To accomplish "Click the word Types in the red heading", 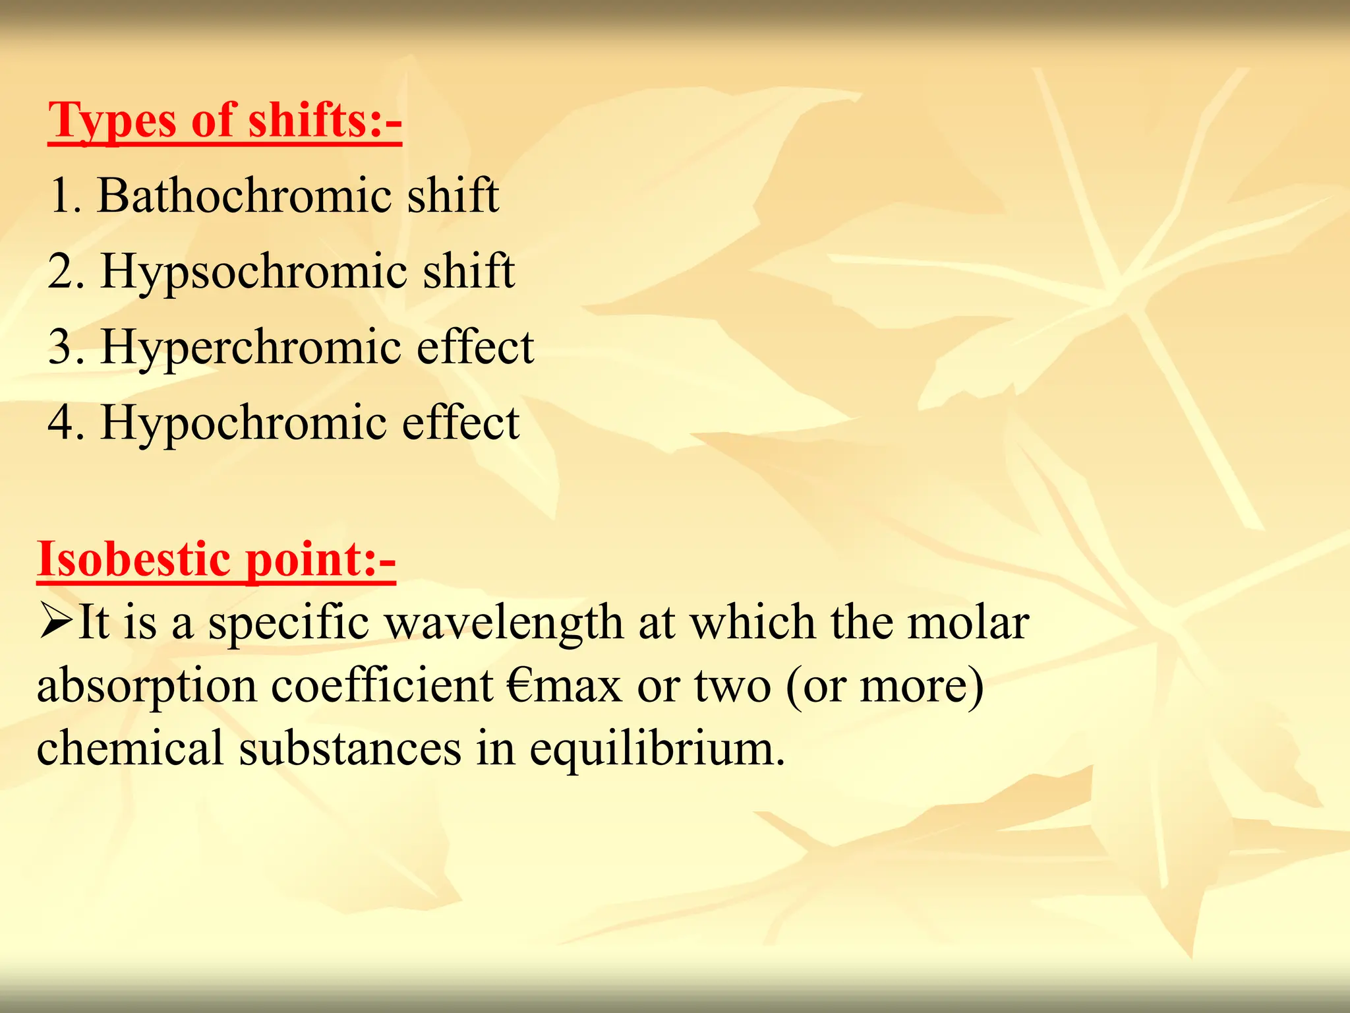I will pyautogui.click(x=113, y=121).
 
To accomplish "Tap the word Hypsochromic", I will pyautogui.click(x=254, y=272).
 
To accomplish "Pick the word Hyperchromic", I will pyautogui.click(x=251, y=348).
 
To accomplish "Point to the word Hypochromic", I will pyautogui.click(x=244, y=423).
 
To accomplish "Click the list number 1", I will pyautogui.click(x=63, y=196).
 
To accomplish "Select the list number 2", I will pyautogui.click(x=65, y=272).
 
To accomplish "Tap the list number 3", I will pyautogui.click(x=65, y=348).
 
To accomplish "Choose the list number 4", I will pyautogui.click(x=65, y=423).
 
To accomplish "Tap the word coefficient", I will pyautogui.click(x=382, y=686).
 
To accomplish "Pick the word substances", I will pyautogui.click(x=350, y=749).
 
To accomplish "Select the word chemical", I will pyautogui.click(x=130, y=749).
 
